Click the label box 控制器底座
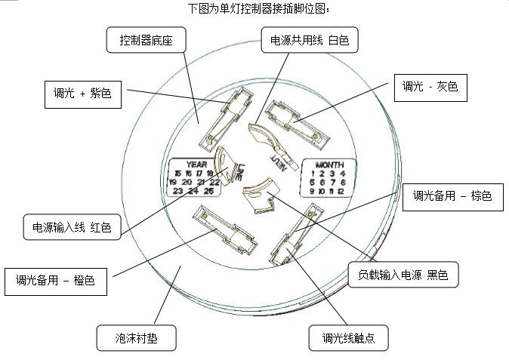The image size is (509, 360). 146,40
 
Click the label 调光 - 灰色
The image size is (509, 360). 430,88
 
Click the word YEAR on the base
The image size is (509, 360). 196,164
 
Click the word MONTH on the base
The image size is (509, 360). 329,165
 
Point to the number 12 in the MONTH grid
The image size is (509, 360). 341,192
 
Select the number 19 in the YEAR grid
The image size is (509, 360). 173,182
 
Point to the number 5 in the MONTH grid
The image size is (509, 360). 311,183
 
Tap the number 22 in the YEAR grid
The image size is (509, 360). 215,182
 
